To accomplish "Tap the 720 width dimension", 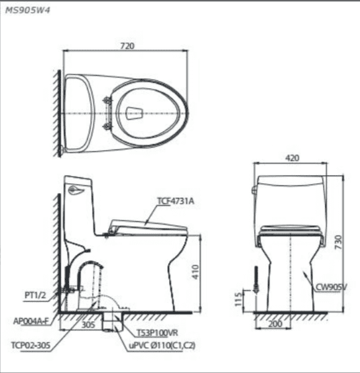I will tap(127, 46).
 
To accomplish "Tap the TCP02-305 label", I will tap(30, 345).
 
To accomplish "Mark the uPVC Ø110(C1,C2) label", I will tap(162, 345).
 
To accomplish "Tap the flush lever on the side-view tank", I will tap(75, 191).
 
